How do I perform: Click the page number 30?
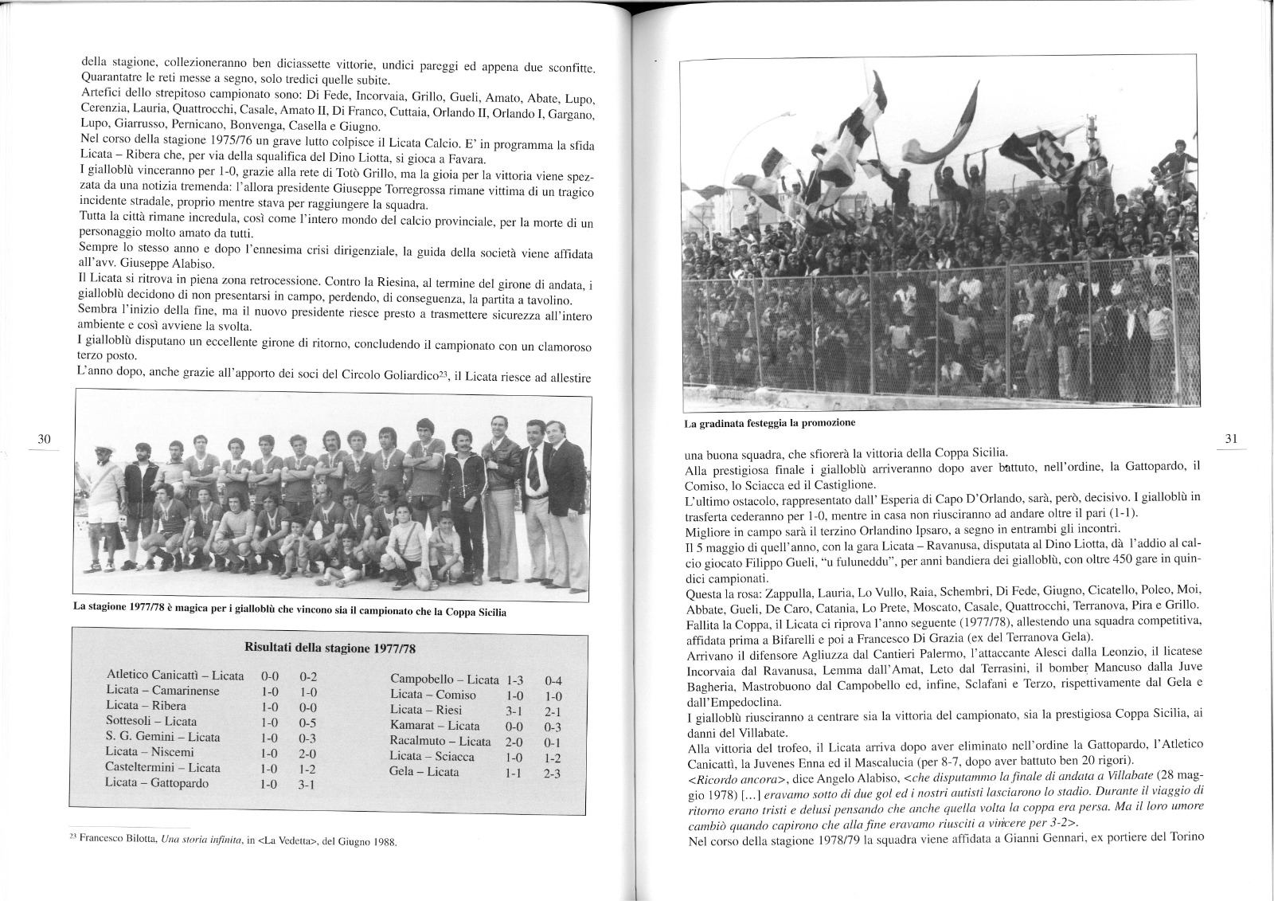[44, 438]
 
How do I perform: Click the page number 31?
[1230, 438]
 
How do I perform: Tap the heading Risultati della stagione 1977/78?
[329, 646]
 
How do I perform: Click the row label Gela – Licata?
[424, 771]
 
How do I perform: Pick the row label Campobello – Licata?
[444, 680]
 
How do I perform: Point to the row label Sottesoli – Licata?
[151, 722]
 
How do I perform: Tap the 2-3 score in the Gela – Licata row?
[553, 773]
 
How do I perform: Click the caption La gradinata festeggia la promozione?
[770, 422]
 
